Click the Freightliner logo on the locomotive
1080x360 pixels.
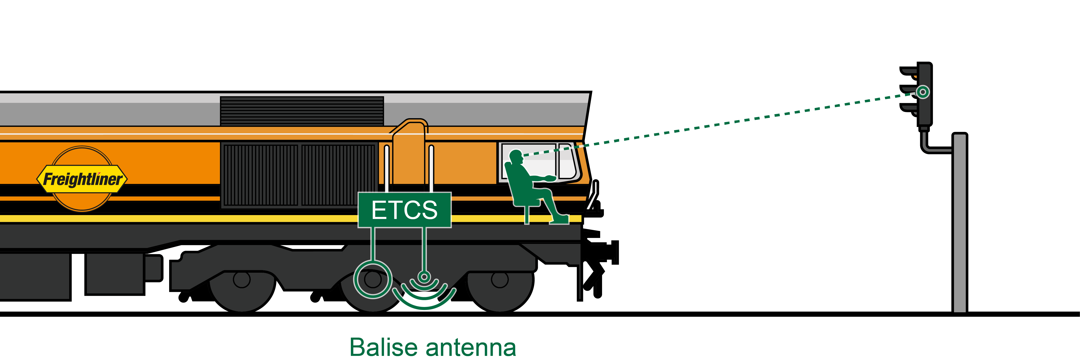coord(83,179)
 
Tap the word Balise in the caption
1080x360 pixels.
coord(384,347)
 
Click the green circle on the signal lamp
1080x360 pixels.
coord(922,92)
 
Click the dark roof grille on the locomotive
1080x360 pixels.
coord(302,111)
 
